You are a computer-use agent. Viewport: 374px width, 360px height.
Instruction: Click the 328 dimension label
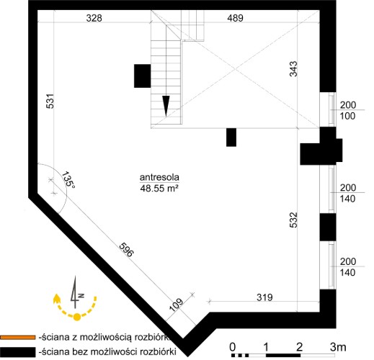tap(94, 18)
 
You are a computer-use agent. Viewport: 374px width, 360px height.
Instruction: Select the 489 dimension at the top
tap(236, 18)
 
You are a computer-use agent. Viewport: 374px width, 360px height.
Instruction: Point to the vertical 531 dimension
tap(50, 101)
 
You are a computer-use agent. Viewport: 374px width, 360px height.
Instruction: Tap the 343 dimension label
tap(293, 69)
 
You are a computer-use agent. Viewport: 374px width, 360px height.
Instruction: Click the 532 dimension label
tap(293, 220)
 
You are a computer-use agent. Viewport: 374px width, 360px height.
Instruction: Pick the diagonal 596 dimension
tap(126, 250)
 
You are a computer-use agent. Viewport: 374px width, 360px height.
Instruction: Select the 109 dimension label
tap(177, 305)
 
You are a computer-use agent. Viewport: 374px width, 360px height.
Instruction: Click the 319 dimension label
tap(264, 297)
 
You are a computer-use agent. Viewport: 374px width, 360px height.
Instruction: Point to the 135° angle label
tap(68, 180)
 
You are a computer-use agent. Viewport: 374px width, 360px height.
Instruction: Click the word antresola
tap(159, 177)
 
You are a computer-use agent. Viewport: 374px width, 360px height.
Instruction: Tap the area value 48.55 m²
tap(159, 189)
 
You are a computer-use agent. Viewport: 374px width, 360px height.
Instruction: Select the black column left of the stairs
tap(143, 76)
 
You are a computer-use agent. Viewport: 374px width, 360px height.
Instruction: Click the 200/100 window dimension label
tap(348, 110)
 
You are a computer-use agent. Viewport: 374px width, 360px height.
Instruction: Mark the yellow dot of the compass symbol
tap(77, 317)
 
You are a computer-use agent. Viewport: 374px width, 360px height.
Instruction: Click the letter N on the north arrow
tap(81, 296)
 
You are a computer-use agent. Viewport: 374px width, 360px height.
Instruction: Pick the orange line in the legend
tap(17, 337)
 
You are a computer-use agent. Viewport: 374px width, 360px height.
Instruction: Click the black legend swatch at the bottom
tap(17, 352)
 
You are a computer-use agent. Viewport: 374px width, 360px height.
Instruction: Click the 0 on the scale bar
tap(233, 347)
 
